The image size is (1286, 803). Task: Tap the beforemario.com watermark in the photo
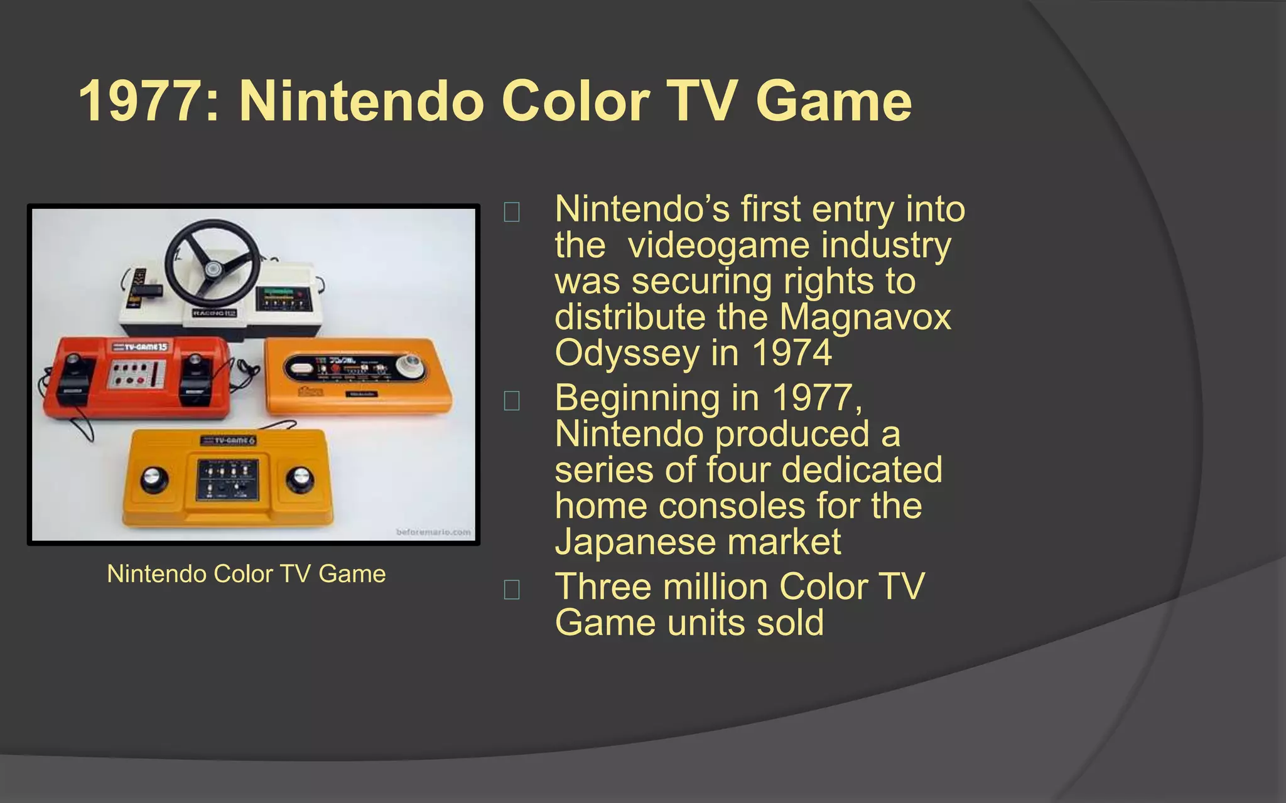433,532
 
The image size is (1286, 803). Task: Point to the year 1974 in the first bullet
792,353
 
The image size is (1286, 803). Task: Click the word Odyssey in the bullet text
627,353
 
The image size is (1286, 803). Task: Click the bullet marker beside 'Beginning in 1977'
512,400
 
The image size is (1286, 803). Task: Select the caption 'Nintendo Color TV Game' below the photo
246,574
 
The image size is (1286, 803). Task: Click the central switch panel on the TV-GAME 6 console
228,481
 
